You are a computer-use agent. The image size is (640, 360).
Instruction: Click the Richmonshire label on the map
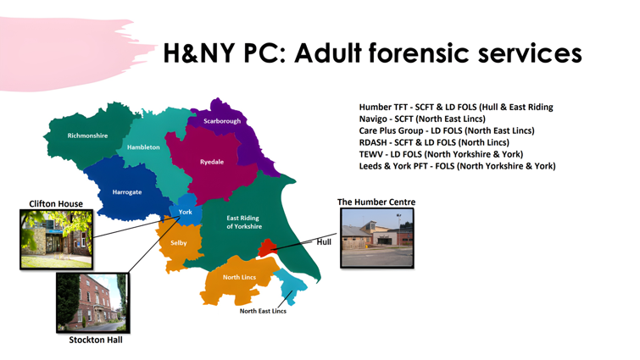[87, 136]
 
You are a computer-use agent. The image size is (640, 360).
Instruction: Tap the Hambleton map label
[143, 147]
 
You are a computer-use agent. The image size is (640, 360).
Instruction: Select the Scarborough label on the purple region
[222, 121]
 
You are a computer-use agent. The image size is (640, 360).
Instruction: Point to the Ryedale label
[212, 162]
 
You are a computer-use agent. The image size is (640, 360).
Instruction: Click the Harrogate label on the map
[127, 192]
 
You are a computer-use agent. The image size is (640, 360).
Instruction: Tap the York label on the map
[186, 212]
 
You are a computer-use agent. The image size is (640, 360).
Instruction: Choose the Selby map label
[178, 243]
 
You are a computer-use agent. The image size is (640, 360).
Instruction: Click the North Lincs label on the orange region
[239, 277]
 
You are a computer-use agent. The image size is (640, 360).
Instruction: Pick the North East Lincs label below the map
[263, 311]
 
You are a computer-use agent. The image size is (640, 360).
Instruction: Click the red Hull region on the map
[268, 247]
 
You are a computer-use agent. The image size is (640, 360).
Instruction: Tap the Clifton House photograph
[56, 240]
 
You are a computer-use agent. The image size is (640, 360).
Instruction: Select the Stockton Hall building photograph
[92, 302]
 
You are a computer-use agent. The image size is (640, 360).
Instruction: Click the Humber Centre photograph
[376, 238]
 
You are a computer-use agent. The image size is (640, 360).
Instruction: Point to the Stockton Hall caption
[96, 340]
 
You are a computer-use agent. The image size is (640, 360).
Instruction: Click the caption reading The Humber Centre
[376, 202]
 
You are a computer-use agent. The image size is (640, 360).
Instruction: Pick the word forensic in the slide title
[420, 53]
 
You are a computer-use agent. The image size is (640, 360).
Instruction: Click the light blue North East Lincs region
[291, 286]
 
